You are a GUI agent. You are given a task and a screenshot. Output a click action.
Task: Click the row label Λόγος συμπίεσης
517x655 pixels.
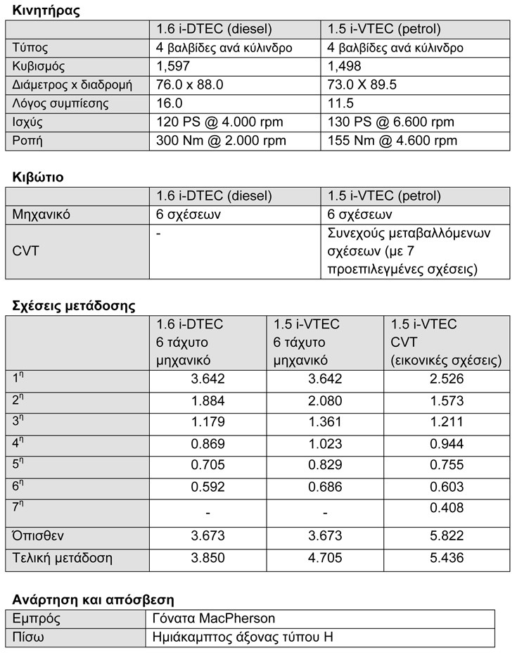click(x=61, y=103)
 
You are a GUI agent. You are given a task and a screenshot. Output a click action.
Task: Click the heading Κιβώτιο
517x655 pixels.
click(x=38, y=177)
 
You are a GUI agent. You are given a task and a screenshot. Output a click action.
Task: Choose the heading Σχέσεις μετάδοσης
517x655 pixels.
click(x=74, y=306)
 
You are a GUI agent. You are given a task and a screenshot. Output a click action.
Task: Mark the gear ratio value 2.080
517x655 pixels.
click(x=324, y=401)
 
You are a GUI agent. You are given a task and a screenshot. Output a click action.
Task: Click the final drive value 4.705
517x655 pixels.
click(x=324, y=559)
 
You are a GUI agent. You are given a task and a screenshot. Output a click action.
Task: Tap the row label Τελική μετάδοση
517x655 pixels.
click(x=63, y=559)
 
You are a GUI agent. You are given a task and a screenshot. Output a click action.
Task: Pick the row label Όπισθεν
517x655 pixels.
click(x=39, y=536)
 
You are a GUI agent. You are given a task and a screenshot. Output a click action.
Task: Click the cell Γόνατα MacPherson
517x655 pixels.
click(x=213, y=619)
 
